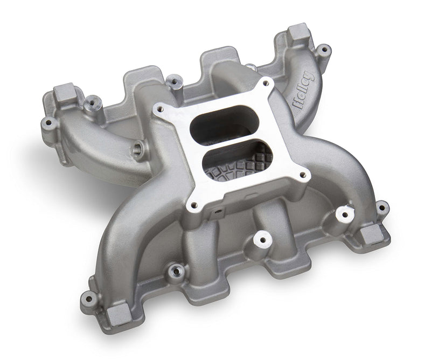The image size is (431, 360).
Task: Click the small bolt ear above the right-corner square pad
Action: point(382,206)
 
